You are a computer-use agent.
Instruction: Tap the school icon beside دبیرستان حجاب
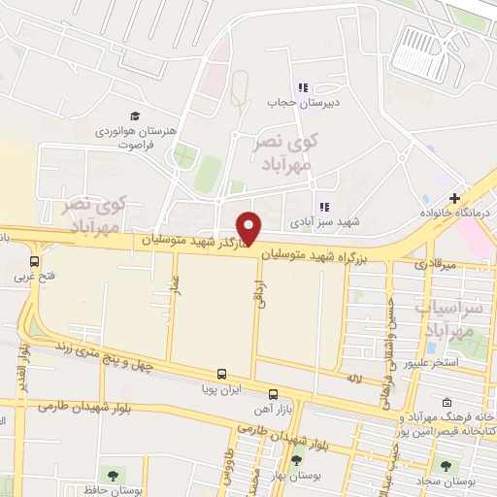[303, 85]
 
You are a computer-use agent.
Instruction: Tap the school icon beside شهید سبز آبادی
[324, 206]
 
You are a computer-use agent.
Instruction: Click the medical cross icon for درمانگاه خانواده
[454, 197]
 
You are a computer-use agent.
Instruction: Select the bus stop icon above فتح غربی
[35, 261]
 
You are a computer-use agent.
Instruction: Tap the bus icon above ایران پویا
[222, 374]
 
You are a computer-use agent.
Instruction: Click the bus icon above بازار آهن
[273, 394]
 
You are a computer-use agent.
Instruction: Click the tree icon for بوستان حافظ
[114, 475]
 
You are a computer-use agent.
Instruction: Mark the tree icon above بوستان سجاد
[447, 466]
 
